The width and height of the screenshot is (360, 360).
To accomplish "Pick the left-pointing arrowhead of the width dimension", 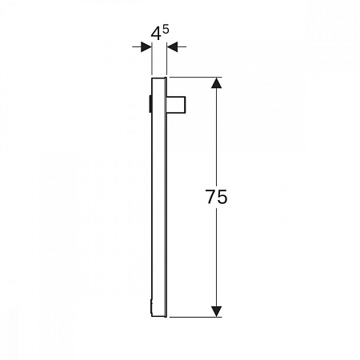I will click(x=171, y=47).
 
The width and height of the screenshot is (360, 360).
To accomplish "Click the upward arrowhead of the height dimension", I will click(x=215, y=83).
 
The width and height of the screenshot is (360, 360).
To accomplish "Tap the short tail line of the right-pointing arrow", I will click(x=136, y=47).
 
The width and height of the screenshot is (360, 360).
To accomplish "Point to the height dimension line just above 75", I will click(x=215, y=144).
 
